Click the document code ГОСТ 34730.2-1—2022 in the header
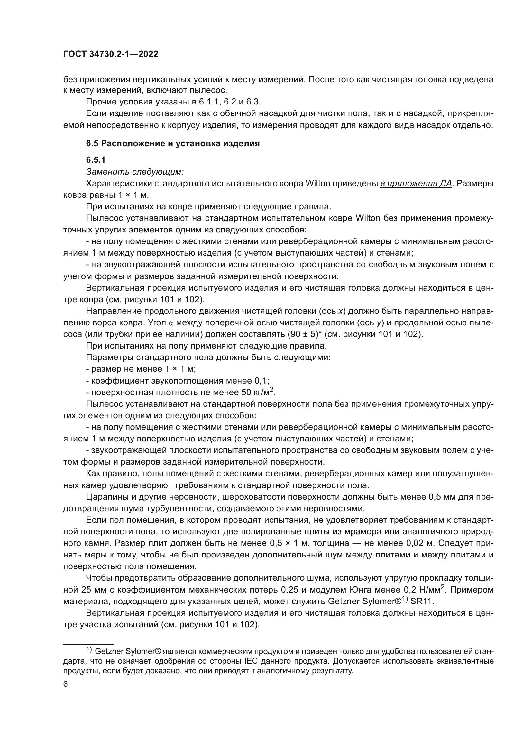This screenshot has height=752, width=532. [x=110, y=54]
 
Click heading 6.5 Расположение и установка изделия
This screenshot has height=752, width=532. [x=173, y=143]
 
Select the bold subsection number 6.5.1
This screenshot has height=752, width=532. [x=96, y=160]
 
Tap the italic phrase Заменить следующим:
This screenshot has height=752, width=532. [x=135, y=171]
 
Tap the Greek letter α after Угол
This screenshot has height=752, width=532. [x=171, y=323]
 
